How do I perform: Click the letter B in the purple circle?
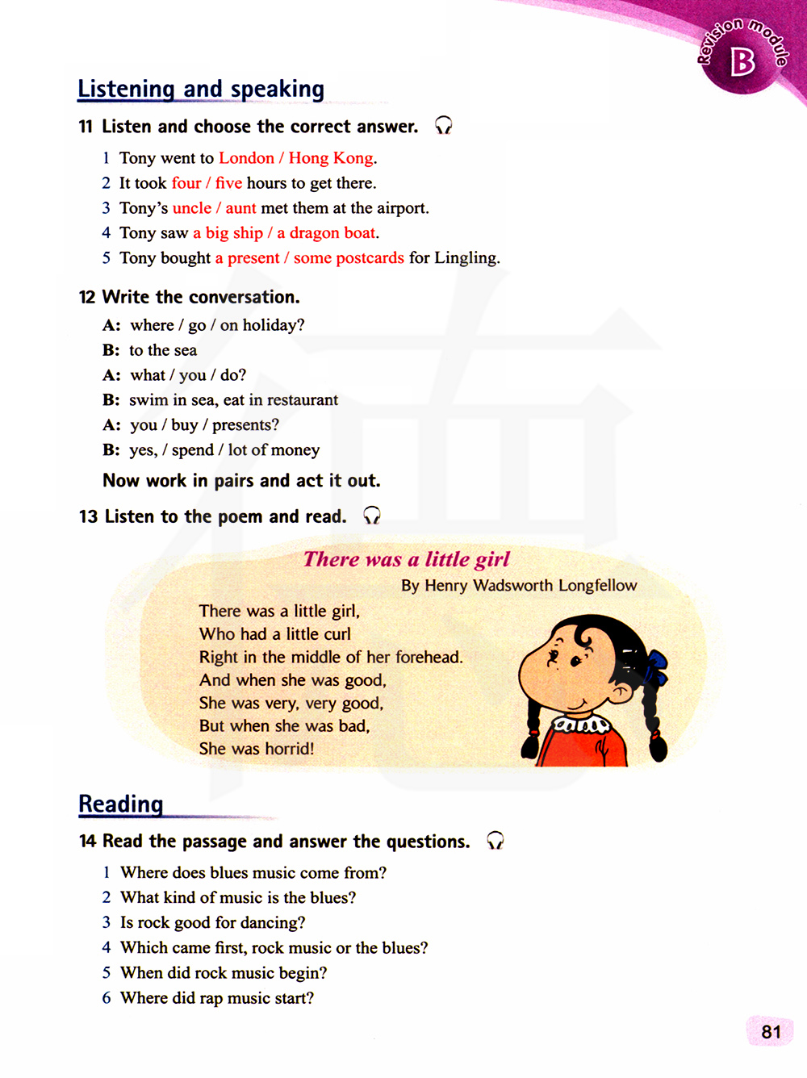[x=742, y=62]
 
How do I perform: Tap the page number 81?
[x=771, y=1032]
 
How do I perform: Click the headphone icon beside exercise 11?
[x=444, y=125]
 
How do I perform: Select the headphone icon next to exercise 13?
[x=371, y=516]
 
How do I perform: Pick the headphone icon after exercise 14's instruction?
[x=495, y=841]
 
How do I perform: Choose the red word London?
[x=246, y=158]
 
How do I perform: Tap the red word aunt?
[x=240, y=208]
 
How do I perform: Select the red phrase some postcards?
[x=349, y=258]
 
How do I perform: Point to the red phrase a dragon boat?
[x=327, y=233]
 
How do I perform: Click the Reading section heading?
[x=121, y=804]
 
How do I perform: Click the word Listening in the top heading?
[x=126, y=89]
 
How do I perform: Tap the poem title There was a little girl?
[x=407, y=559]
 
